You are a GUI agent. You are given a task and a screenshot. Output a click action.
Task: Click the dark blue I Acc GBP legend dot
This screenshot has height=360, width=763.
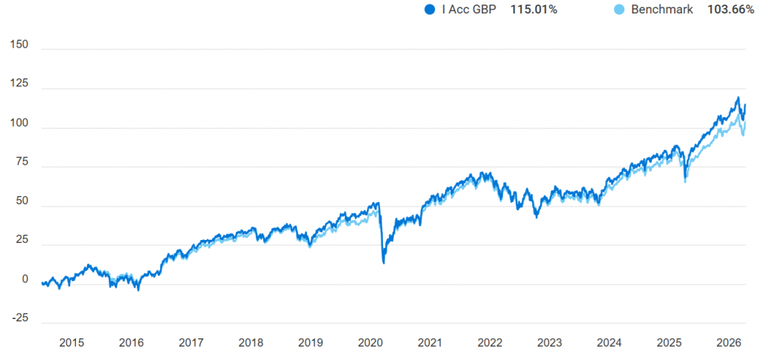428,10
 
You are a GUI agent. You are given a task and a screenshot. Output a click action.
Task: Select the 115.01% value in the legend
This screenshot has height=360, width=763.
534,10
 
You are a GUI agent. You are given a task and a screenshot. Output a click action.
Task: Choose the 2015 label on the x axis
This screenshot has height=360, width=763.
72,343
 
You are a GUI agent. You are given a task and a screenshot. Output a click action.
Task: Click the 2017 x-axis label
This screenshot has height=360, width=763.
191,343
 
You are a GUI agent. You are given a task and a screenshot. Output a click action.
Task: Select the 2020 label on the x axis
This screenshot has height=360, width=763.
370,343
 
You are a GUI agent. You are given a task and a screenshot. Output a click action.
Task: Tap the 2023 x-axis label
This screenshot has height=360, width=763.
550,343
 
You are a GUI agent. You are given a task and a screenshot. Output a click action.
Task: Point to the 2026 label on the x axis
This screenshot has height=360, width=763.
729,343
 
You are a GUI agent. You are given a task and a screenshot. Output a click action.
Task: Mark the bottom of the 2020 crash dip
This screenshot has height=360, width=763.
383,262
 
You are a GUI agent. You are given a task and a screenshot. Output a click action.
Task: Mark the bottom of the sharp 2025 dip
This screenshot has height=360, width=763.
686,181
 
